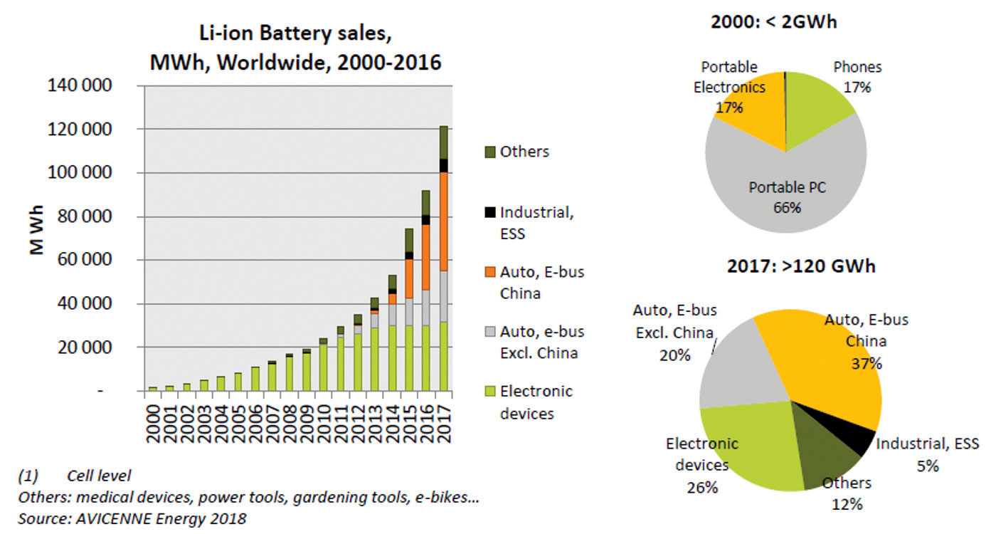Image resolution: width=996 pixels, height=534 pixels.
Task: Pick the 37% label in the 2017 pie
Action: coord(867,364)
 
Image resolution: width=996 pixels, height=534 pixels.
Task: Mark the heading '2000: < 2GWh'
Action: coord(773,22)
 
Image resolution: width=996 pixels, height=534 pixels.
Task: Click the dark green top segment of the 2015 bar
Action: coord(409,240)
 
